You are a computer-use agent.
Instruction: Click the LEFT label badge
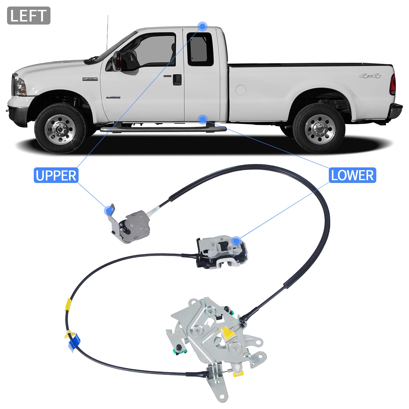point(29,16)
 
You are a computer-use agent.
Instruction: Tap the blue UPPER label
point(56,175)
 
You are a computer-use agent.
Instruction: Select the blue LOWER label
point(352,175)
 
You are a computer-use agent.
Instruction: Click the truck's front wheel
point(61,128)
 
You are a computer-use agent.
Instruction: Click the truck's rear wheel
point(318,128)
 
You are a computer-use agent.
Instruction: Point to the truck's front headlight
point(20,86)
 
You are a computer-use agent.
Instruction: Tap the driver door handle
point(177,79)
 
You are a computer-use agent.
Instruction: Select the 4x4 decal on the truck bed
point(370,76)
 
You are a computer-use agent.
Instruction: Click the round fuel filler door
point(240,90)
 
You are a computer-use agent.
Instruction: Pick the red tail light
point(393,85)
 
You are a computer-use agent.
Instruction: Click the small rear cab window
point(200,49)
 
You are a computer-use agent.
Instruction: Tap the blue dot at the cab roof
point(203,26)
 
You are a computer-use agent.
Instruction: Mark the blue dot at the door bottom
point(203,119)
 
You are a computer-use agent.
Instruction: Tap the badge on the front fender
point(90,79)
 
